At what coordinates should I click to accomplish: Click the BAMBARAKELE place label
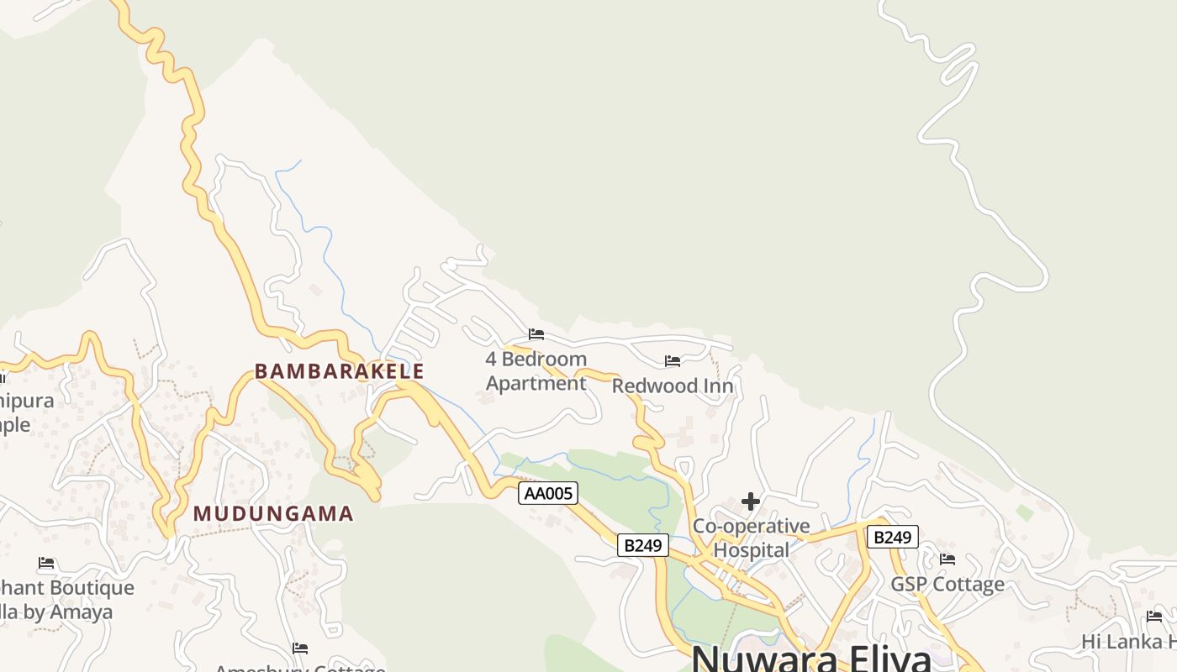click(x=340, y=371)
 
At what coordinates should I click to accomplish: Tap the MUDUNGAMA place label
click(x=273, y=514)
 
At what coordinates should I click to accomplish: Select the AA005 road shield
click(x=548, y=493)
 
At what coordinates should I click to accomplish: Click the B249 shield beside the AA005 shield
click(x=643, y=545)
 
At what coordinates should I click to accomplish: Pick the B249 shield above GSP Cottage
click(x=892, y=537)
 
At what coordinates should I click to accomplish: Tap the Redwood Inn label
click(x=673, y=386)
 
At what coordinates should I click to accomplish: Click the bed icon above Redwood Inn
click(x=673, y=361)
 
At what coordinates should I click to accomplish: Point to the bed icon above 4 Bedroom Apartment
click(x=536, y=334)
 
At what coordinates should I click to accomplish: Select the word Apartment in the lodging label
click(x=536, y=384)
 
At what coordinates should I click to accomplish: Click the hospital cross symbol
click(x=751, y=502)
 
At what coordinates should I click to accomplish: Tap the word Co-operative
click(x=751, y=527)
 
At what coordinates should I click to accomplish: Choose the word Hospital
click(x=751, y=551)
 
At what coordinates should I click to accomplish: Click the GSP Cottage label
click(x=947, y=585)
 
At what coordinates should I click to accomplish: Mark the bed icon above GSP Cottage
click(x=947, y=559)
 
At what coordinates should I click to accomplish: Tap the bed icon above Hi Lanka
click(x=1154, y=617)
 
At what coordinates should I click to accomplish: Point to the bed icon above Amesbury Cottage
click(x=300, y=648)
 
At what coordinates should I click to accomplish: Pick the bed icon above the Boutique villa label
click(x=46, y=563)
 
